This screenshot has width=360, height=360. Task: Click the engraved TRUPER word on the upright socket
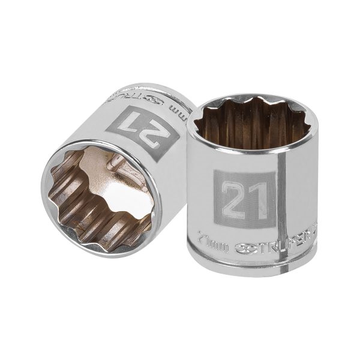tap(287, 245)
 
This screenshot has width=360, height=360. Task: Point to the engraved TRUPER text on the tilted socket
tap(129, 97)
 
